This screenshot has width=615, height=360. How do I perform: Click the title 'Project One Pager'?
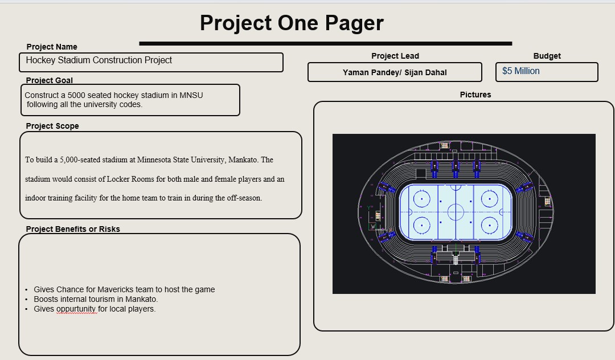(x=292, y=23)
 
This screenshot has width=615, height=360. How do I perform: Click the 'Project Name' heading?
(x=52, y=47)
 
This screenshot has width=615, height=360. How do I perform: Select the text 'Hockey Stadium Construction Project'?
(x=99, y=60)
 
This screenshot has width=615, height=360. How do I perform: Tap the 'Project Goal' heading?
(x=50, y=80)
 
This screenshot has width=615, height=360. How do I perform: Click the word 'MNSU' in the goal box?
(x=191, y=95)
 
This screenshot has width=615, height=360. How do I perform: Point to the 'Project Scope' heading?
(x=52, y=126)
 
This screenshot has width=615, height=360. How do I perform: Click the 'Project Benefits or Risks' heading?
(x=73, y=229)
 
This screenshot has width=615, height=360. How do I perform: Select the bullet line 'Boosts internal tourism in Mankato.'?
(x=96, y=299)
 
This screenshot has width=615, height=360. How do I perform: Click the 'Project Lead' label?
(x=395, y=56)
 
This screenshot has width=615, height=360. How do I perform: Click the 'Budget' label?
(x=547, y=56)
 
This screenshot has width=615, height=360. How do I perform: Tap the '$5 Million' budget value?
(x=520, y=71)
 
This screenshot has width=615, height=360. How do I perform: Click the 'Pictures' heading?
(x=475, y=95)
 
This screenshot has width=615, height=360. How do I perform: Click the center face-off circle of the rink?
(x=456, y=212)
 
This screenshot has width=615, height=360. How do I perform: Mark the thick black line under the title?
(x=325, y=43)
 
